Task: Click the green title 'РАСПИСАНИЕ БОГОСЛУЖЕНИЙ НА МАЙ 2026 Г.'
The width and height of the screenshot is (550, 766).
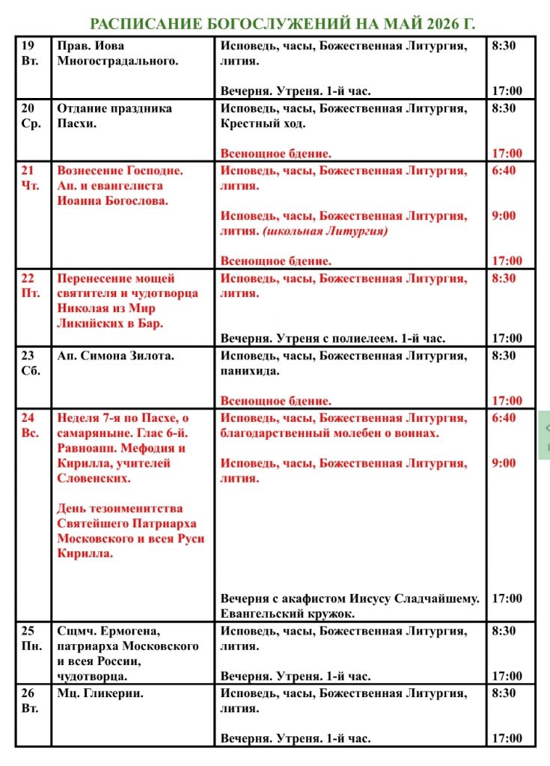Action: (282, 24)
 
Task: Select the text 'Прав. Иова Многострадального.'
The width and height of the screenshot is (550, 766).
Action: (118, 53)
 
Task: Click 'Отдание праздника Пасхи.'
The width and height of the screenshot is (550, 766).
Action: (110, 115)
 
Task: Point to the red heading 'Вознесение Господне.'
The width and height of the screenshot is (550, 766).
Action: (120, 171)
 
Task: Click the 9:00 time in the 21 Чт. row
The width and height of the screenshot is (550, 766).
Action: (504, 215)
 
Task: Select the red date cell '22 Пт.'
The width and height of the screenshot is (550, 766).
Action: (32, 285)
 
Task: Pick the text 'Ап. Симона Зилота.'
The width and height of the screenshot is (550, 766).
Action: (116, 355)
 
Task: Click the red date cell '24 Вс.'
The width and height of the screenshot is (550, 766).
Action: (32, 425)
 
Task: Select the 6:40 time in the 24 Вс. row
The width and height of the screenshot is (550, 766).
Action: (504, 417)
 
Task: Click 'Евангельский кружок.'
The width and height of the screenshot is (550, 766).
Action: (287, 613)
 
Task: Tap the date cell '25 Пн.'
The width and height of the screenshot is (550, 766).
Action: (32, 637)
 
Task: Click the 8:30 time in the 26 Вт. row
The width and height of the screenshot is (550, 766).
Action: (504, 693)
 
